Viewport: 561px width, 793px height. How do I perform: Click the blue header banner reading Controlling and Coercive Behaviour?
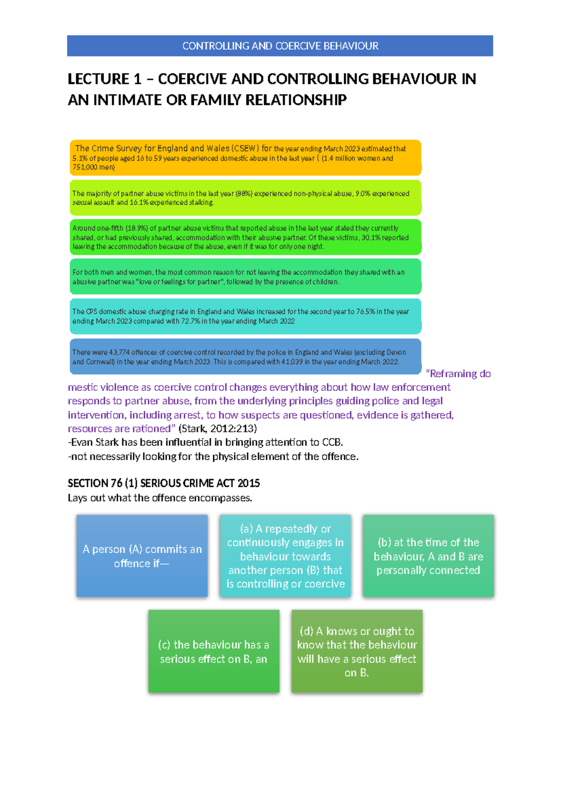280,46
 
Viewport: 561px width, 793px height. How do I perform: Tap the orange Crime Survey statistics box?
245,158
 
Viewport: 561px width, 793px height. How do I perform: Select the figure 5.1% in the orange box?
80,158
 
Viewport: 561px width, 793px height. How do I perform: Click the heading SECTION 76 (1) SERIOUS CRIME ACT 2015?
164,483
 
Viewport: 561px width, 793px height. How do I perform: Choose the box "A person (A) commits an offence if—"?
142,556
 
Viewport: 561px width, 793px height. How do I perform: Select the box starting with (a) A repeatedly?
285,556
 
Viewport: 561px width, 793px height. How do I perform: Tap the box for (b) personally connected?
428,556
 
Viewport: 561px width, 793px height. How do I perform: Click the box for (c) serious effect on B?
214,651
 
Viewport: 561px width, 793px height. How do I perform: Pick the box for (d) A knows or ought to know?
357,651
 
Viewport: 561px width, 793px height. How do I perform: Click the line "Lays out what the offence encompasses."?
160,497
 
